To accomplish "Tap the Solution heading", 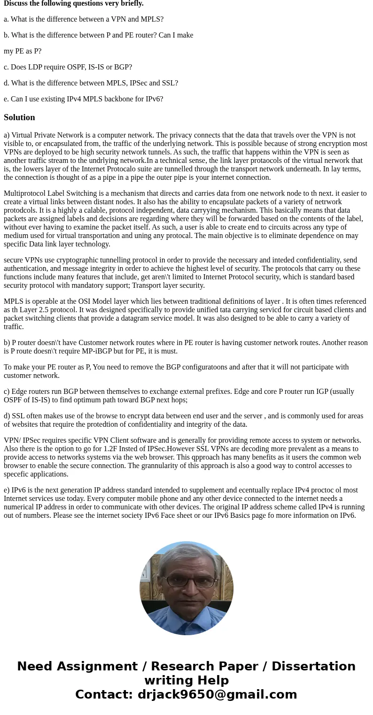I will tap(19, 117).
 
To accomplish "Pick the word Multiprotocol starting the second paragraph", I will tap(26, 193).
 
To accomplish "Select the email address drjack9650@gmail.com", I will tap(217, 694).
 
